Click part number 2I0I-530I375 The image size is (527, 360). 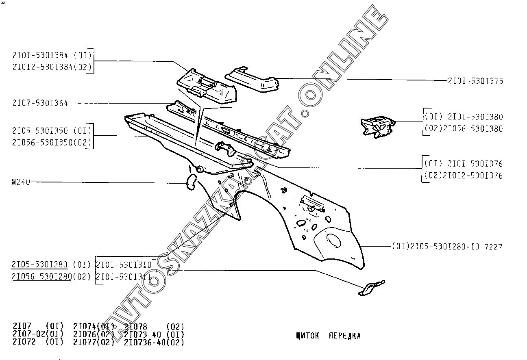[475, 81]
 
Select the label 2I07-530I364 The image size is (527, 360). [40, 103]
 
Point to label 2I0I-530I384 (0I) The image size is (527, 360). [52, 55]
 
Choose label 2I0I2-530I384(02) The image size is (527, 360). [52, 67]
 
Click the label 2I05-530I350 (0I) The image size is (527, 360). [52, 131]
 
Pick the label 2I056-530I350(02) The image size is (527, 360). [52, 143]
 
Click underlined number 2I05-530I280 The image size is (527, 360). [39, 265]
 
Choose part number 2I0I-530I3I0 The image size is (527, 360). [124, 265]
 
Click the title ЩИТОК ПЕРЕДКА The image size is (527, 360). [329, 336]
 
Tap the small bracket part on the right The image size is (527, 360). [377, 126]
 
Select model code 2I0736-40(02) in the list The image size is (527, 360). [154, 342]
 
